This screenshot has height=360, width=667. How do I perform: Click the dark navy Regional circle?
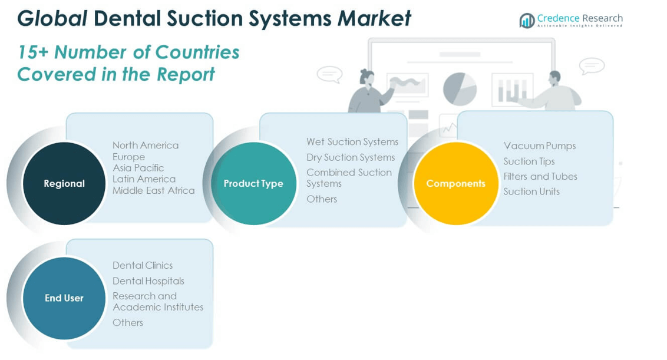pos(64,183)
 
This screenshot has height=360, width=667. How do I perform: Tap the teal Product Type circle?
pos(253,183)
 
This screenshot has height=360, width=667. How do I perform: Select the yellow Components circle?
pos(455,183)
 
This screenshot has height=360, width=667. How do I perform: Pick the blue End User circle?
pos(64,298)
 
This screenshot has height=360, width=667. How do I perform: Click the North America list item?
pos(146,146)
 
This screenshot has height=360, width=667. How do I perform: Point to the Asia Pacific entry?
pos(138,168)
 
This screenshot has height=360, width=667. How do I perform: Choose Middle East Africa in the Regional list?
pos(154,190)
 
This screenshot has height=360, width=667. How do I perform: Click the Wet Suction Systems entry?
pos(352,142)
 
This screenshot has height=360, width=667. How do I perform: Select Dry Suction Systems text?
pos(351,157)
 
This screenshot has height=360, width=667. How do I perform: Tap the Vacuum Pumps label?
pos(540,146)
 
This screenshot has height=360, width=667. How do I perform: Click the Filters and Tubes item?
pos(540,176)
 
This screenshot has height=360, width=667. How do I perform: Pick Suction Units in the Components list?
pos(531,191)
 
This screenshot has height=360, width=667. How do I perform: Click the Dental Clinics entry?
pos(143,266)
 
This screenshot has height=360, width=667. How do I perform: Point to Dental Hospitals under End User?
pos(148,281)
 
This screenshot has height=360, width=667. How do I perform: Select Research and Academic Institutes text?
pos(158,302)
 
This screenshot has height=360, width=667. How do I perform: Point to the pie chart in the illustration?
pos(460,89)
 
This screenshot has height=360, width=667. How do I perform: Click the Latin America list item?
pos(144,179)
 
